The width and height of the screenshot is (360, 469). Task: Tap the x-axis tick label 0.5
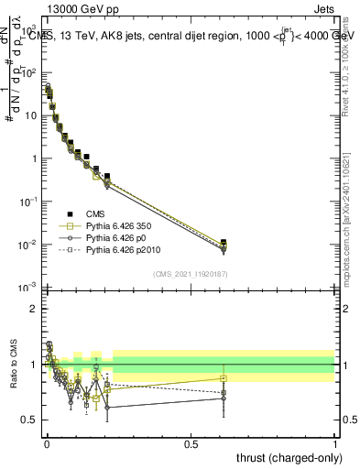click(x=191, y=443)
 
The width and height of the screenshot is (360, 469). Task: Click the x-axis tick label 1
click(x=334, y=443)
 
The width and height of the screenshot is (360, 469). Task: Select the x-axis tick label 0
click(x=47, y=443)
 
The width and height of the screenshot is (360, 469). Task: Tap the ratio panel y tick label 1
click(x=33, y=365)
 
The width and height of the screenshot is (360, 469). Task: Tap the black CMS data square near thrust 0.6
click(x=224, y=243)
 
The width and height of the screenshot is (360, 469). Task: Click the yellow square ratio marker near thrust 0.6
click(x=224, y=378)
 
